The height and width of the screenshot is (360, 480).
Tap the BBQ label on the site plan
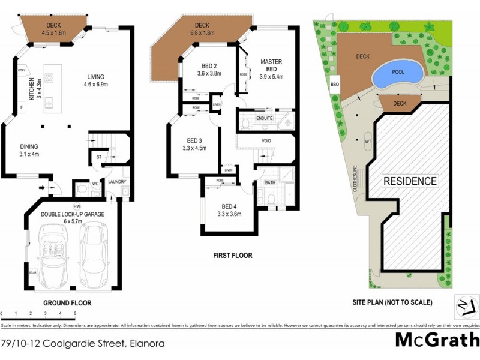335,85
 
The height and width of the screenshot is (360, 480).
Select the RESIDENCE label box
410,181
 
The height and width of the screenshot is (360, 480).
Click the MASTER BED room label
271,66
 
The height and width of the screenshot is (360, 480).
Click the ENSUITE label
265,119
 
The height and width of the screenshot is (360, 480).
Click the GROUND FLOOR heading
68,303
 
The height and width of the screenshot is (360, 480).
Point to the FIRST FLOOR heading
233,256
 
